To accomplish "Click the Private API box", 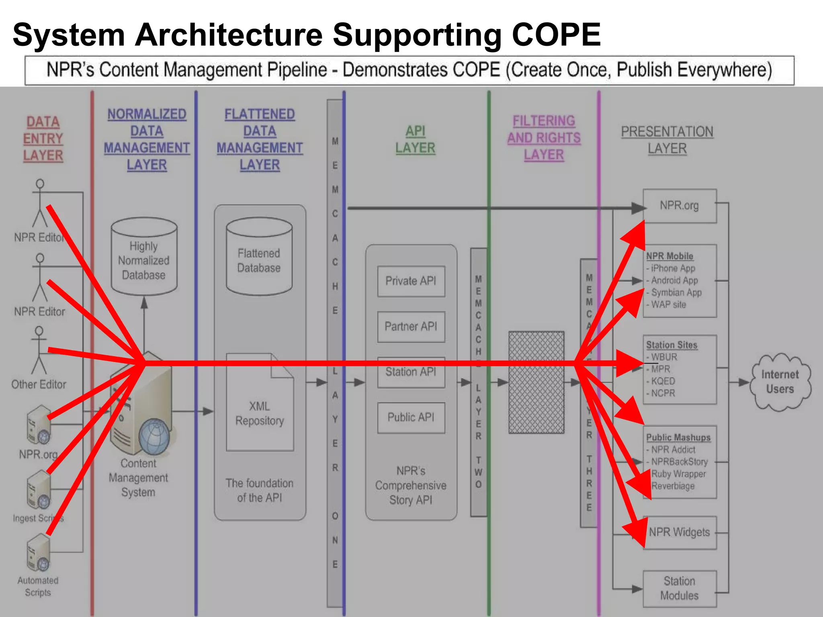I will pos(411,281).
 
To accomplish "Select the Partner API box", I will pos(411,327).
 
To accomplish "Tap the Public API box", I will pos(411,418).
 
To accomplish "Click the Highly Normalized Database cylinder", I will pos(144,257).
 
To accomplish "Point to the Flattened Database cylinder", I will pos(259,257).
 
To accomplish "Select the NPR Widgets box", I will pos(680,533).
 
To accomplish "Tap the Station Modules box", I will pos(680,588).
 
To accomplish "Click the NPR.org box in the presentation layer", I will pos(680,206).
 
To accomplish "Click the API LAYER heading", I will pos(415,139).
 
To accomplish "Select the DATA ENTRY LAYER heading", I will pos(43,139).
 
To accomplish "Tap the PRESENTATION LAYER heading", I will pos(667,140).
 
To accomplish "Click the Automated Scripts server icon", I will pos(39,553).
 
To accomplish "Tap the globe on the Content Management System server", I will pos(154,436).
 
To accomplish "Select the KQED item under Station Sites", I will pos(663,381).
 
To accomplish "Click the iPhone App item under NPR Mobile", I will pos(673,268).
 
